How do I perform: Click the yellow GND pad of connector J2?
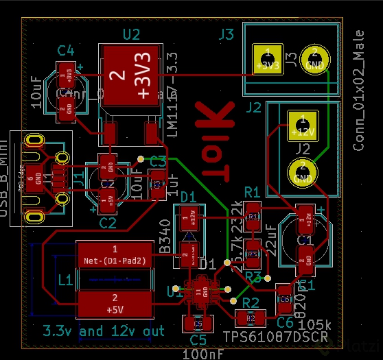point(301,171)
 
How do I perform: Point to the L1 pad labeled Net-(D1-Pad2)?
point(115,254)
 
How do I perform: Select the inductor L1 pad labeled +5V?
point(115,302)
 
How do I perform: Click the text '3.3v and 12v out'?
point(104,331)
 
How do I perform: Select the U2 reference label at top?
point(130,34)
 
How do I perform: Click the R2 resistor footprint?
point(250,318)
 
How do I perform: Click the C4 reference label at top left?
point(66,49)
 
